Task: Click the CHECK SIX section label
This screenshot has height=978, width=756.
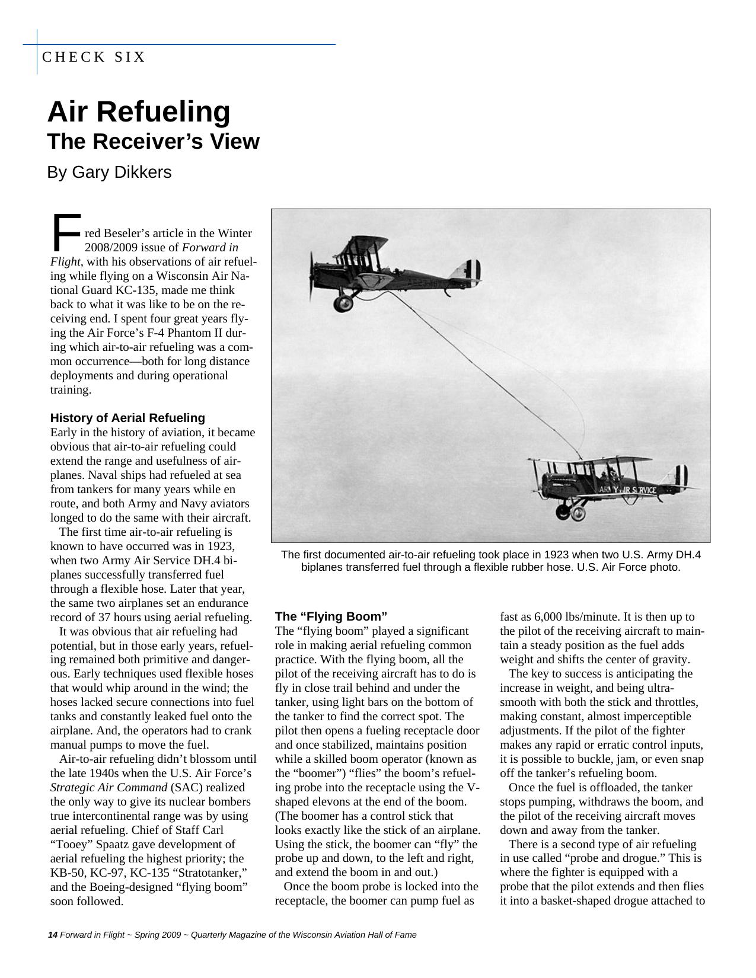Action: point(94,57)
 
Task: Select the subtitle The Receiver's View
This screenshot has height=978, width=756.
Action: point(153,142)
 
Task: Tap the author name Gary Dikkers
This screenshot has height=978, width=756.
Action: point(122,172)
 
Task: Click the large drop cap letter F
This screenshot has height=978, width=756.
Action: point(65,233)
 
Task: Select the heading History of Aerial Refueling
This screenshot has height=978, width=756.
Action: point(127,417)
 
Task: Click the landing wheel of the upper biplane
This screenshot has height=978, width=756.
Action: point(343,303)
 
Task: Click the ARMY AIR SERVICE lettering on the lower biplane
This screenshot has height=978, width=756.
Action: point(627,490)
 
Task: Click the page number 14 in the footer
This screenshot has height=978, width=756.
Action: point(52,935)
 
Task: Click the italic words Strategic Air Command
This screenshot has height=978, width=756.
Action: point(109,788)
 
